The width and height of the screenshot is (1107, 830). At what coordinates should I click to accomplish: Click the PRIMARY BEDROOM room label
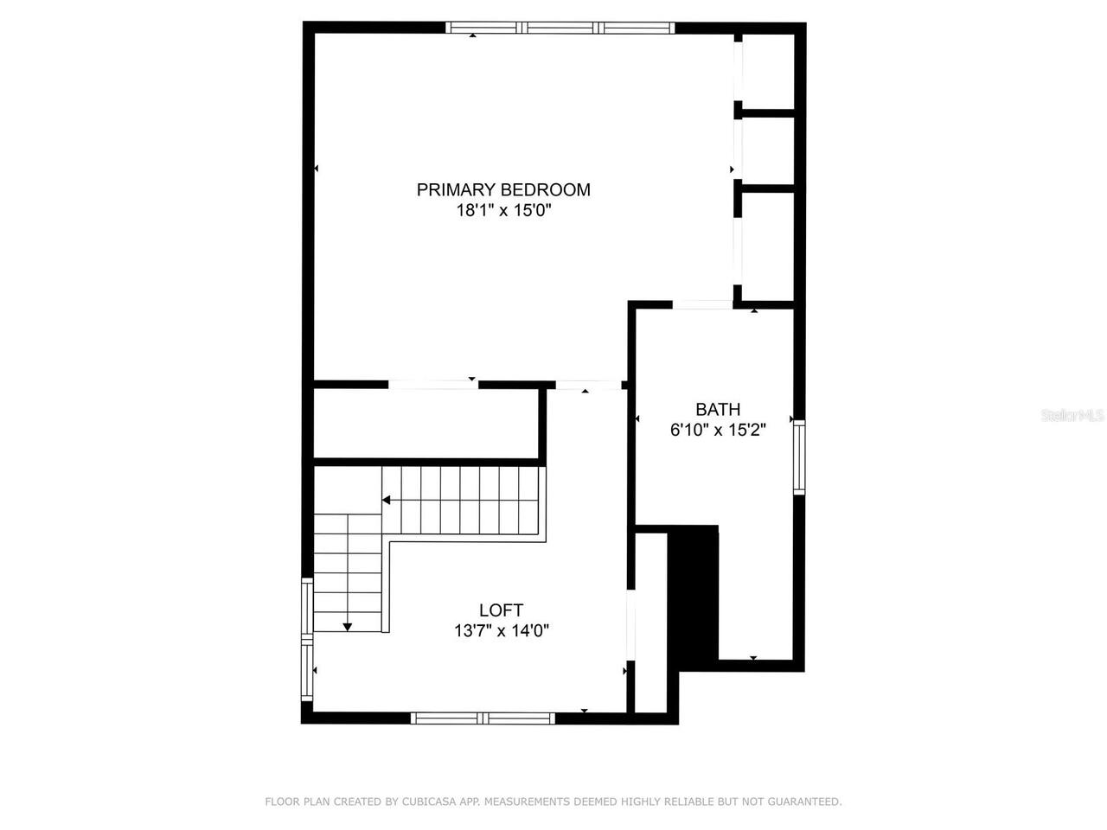(x=503, y=189)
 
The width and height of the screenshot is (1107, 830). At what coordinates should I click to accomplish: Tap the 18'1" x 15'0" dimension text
(x=503, y=210)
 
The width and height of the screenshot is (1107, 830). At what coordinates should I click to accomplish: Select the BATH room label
(x=718, y=409)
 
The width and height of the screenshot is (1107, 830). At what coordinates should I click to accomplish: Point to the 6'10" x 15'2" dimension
(x=718, y=429)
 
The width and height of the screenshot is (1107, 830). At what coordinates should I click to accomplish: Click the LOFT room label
(x=501, y=610)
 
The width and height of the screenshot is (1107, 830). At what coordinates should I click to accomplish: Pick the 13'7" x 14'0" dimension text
(x=501, y=631)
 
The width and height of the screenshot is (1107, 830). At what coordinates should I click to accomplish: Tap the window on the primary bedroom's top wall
(x=560, y=28)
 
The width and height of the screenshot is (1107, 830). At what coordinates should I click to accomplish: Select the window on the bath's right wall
(x=799, y=456)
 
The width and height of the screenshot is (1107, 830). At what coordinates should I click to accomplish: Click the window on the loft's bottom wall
(x=483, y=718)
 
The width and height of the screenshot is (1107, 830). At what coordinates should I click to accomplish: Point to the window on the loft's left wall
(x=306, y=640)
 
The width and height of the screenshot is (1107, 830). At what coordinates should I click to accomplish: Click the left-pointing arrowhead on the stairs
(x=387, y=500)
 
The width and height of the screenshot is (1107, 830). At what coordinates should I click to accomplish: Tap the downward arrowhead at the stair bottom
(x=347, y=627)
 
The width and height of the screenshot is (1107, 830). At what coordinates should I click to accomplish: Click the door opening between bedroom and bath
(x=702, y=304)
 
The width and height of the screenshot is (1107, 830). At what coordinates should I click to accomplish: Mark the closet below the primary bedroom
(x=426, y=424)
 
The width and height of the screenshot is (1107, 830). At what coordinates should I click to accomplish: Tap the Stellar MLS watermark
(x=1072, y=416)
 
